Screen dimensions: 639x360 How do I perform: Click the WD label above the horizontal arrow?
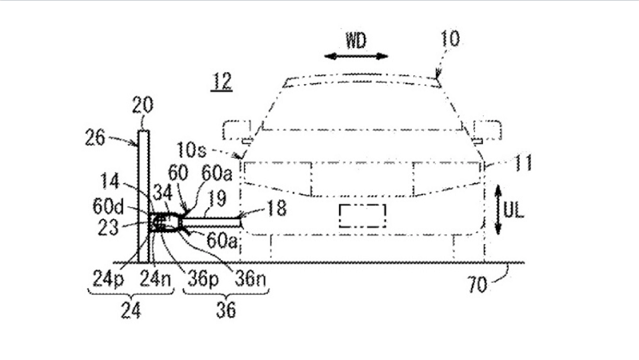(356, 41)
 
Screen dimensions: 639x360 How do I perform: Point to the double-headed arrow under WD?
(356, 56)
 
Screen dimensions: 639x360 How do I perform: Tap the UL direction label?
(513, 211)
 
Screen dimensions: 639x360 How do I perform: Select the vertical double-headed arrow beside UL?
(498, 209)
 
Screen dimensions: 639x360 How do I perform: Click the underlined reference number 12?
(222, 81)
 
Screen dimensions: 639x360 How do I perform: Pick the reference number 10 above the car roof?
(450, 39)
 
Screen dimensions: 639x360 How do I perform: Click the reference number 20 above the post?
(143, 105)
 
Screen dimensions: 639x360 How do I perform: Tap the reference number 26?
(95, 137)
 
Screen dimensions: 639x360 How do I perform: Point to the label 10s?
(191, 150)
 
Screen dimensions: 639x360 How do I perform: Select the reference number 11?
(523, 163)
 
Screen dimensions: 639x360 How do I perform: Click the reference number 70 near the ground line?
(477, 284)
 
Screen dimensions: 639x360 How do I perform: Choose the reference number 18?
(276, 208)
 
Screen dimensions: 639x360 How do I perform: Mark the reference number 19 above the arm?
(216, 199)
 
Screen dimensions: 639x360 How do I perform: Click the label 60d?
(108, 206)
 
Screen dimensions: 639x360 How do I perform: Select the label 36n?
(250, 279)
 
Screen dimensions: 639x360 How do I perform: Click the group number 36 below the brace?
(226, 310)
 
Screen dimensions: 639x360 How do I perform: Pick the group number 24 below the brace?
(131, 311)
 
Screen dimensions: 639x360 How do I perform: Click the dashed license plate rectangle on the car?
(362, 216)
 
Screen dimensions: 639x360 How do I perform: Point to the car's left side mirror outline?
(237, 130)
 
